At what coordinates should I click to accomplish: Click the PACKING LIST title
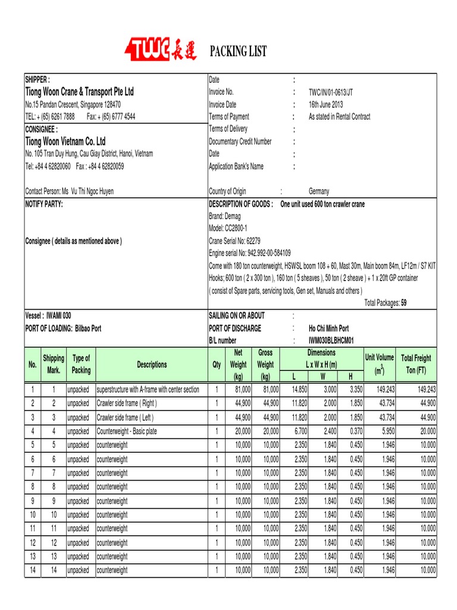pos(239,52)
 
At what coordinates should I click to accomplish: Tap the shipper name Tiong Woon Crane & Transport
pos(79,92)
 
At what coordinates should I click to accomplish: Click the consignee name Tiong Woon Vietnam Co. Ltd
pos(65,141)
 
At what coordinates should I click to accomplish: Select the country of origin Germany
pos(318,191)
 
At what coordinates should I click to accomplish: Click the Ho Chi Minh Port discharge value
pos(328,328)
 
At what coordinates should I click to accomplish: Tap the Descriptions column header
pos(152,365)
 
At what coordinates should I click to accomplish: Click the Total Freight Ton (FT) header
pos(416,364)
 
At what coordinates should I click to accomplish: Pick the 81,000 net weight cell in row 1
pos(239,390)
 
